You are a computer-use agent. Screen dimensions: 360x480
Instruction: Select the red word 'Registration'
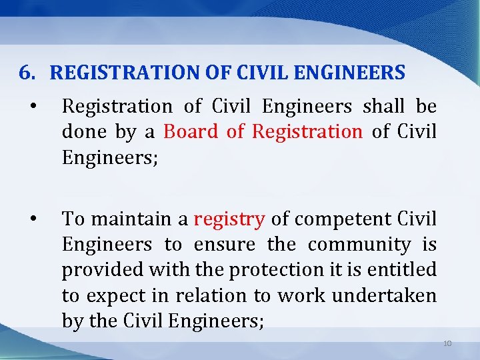307,131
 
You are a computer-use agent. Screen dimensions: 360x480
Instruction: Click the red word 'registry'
229,219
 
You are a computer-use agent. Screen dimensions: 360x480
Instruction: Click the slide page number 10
447,343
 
